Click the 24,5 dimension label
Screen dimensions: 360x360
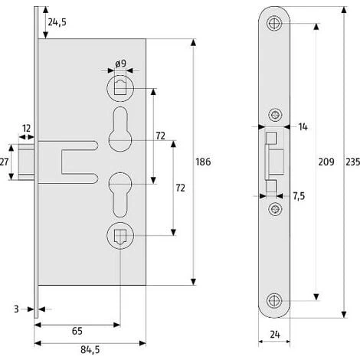click(57, 22)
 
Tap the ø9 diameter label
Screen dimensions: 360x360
click(120, 64)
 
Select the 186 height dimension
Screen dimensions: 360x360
click(203, 162)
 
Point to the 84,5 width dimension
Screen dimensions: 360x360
click(90, 350)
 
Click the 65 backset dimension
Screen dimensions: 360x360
click(77, 331)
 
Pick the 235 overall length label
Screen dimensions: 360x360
click(353, 162)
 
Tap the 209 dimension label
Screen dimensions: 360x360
click(326, 162)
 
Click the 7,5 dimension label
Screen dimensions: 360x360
click(299, 196)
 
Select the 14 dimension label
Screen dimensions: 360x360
click(303, 126)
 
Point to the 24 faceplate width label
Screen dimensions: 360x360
click(275, 335)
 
